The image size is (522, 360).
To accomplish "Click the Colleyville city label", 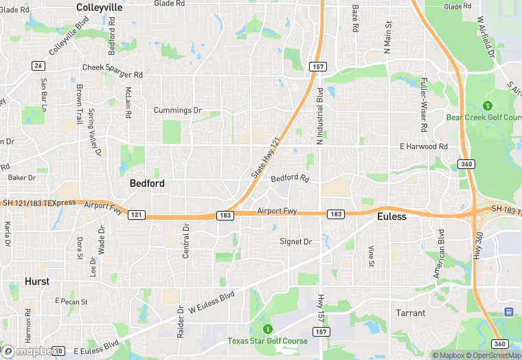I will tap(100, 8).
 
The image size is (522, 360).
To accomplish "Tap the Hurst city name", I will tap(36, 282).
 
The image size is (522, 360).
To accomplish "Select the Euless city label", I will tap(392, 216).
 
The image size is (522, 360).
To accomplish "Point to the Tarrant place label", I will tap(411, 313).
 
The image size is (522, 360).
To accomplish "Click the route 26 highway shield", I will tap(38, 65).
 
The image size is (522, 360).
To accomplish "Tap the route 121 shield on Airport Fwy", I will tap(136, 215).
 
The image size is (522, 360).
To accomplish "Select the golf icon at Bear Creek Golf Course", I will tap(488, 106).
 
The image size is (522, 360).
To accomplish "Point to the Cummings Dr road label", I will tap(177, 110).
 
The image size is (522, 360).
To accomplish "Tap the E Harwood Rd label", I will tap(424, 146).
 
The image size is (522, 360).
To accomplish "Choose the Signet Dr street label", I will tap(296, 241).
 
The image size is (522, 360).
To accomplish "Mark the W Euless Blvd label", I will tap(208, 302).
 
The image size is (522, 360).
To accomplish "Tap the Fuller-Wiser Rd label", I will tap(424, 105).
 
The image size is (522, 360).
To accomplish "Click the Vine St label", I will tap(371, 256).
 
